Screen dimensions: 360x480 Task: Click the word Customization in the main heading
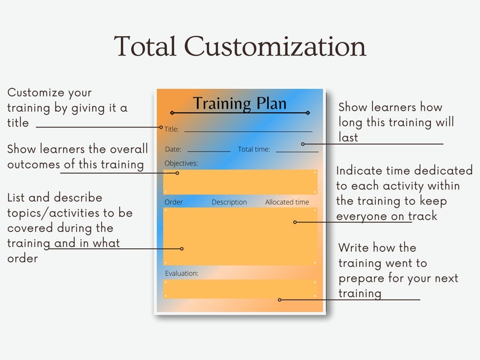275,47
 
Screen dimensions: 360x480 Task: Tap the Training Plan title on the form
239,103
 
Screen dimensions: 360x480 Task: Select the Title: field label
172,129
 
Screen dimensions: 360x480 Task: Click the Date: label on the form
173,149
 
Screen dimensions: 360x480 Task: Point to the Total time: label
254,149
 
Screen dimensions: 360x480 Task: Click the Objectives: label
181,163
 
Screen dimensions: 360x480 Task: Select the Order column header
174,202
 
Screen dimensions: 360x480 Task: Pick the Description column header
229,202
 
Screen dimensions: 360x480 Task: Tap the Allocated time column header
287,202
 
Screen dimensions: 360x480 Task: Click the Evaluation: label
181,273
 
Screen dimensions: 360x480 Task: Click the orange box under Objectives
240,182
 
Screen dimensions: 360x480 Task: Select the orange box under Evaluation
240,289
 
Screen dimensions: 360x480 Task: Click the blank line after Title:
248,131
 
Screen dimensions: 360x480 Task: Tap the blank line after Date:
209,151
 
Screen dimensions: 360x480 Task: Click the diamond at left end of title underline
172,113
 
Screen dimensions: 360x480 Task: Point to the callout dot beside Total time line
303,144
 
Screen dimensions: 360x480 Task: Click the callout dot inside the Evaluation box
279,300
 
